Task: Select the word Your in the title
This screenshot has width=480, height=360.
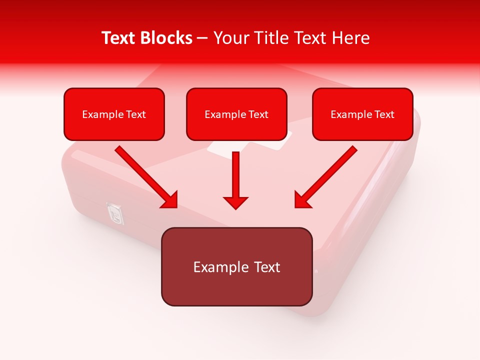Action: (230, 38)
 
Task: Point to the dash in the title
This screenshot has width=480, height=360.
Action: (202, 38)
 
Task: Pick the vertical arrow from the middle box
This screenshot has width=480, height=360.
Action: (236, 175)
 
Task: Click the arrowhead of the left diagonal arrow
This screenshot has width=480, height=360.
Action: (170, 200)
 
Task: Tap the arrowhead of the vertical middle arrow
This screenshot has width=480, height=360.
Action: (236, 202)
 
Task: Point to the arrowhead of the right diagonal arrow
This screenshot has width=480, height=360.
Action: (302, 200)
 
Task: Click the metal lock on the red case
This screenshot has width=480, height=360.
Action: (115, 214)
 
